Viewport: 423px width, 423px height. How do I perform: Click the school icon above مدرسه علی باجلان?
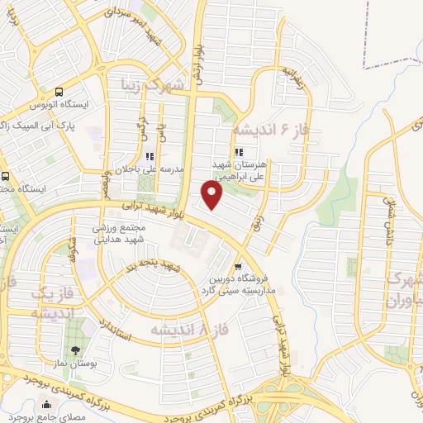tap(150, 156)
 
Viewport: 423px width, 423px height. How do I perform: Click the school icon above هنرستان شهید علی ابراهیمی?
tap(239, 152)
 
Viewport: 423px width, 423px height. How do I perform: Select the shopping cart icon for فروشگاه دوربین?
tap(238, 266)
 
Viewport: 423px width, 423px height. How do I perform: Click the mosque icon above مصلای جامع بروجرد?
tap(46, 405)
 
